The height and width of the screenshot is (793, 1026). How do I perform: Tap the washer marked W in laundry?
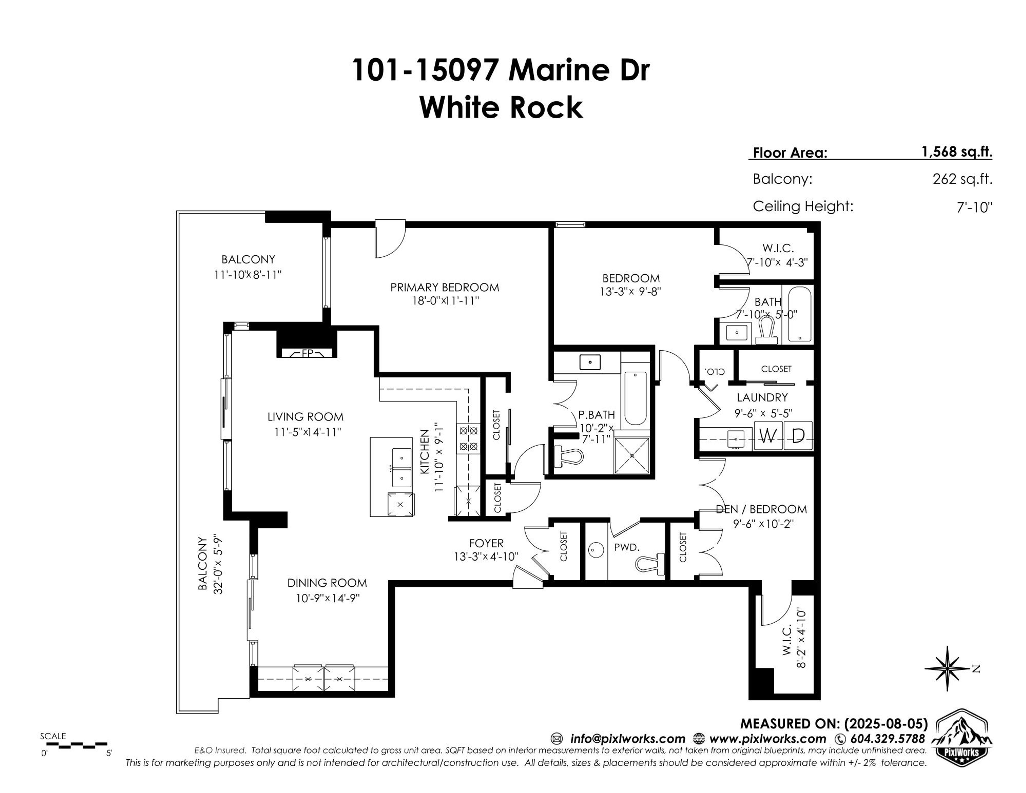point(768,436)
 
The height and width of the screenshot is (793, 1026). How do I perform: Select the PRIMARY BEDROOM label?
point(444,287)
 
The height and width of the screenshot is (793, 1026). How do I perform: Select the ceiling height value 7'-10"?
point(975,207)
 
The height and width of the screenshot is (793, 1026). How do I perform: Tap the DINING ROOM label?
point(327,583)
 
